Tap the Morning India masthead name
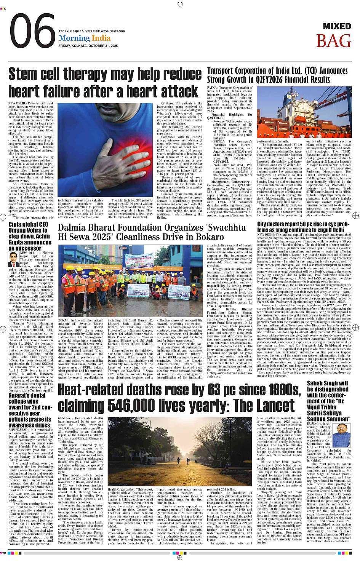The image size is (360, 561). click(x=85, y=38)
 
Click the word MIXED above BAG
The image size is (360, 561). click(x=337, y=26)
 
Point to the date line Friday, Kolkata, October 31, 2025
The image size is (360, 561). click(x=88, y=46)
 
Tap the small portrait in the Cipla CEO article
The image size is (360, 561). click(x=14, y=259)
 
